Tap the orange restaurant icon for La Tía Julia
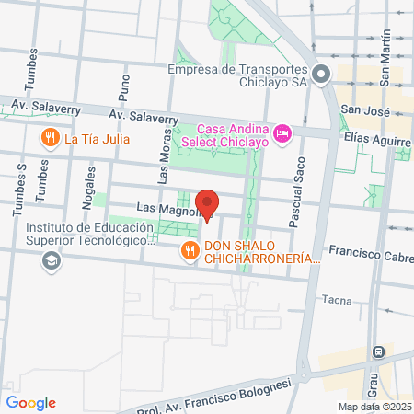click(50, 139)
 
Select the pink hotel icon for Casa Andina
click(282, 134)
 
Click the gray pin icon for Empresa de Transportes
click(321, 75)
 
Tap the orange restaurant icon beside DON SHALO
click(190, 250)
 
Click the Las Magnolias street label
click(168, 211)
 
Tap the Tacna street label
click(338, 300)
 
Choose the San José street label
click(360, 109)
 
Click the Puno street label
click(125, 87)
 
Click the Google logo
click(31, 402)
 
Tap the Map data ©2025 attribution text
click(374, 407)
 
